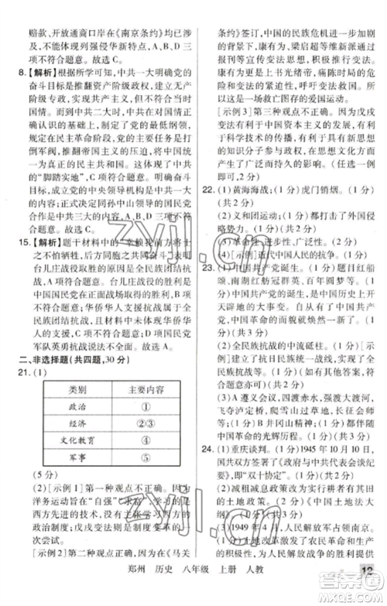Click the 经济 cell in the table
pos(77,424)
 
